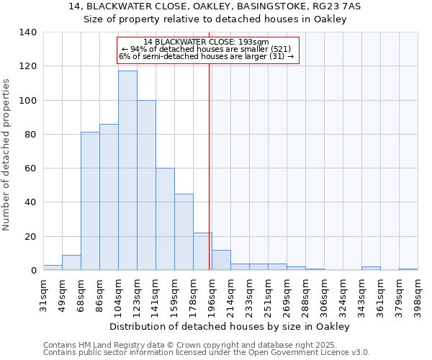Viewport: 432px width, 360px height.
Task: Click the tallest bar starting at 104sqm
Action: coord(127,171)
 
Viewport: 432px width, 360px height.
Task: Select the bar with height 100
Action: coord(146,185)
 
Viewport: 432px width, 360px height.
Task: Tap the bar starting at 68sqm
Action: coord(90,201)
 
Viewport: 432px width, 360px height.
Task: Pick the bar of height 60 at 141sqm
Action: coord(165,219)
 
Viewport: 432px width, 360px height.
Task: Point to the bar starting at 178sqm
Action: coord(202,251)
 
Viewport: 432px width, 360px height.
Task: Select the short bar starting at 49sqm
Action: coord(71,263)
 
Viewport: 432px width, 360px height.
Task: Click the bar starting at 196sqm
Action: coord(221,260)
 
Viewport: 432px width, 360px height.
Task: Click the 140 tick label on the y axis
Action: coord(28,32)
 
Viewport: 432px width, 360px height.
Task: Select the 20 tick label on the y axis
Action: coord(31,237)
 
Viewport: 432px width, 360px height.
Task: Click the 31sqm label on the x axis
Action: coord(43,293)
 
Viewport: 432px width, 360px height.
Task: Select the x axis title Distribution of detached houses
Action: coord(230,326)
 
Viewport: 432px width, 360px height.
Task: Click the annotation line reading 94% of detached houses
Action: coord(206,49)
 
